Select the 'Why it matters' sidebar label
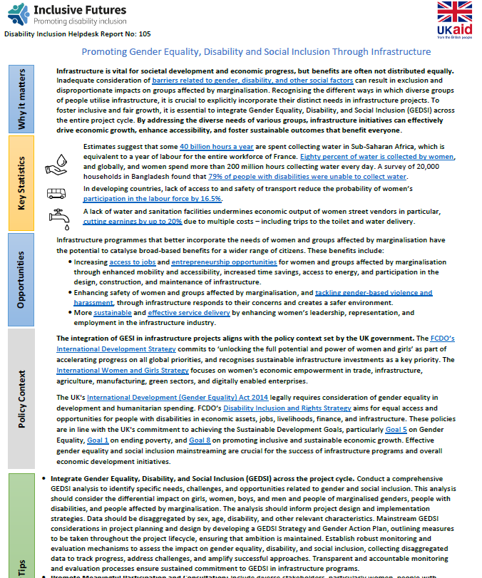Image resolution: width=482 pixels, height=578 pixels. click(x=21, y=99)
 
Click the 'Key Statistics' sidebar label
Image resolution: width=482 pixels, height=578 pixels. click(x=21, y=184)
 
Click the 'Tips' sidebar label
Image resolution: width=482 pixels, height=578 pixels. click(x=21, y=567)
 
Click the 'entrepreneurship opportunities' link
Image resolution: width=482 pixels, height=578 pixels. click(x=223, y=262)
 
